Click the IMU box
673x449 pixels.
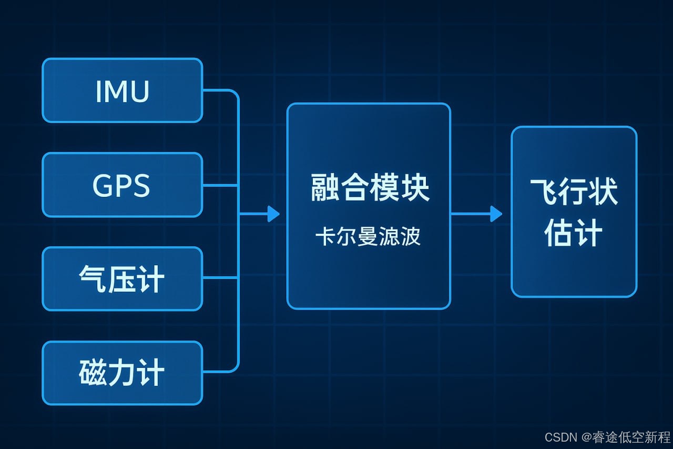pyautogui.click(x=122, y=91)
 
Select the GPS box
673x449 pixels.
pyautogui.click(x=122, y=185)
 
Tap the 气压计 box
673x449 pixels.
pyautogui.click(x=122, y=278)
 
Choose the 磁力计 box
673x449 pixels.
pyautogui.click(x=122, y=373)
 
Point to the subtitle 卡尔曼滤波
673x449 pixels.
pyautogui.click(x=368, y=237)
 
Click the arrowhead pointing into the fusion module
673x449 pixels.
pyautogui.click(x=273, y=214)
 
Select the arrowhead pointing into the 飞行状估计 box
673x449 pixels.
pyautogui.click(x=496, y=214)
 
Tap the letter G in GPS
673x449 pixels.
pyautogui.click(x=103, y=185)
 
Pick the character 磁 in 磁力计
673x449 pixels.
pyautogui.click(x=92, y=373)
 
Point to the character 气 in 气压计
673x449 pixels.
pyautogui.click(x=93, y=279)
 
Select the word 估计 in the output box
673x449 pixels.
pyautogui.click(x=573, y=233)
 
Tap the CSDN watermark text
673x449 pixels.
pyautogui.click(x=562, y=437)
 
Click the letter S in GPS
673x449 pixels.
pyautogui.click(x=140, y=185)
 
